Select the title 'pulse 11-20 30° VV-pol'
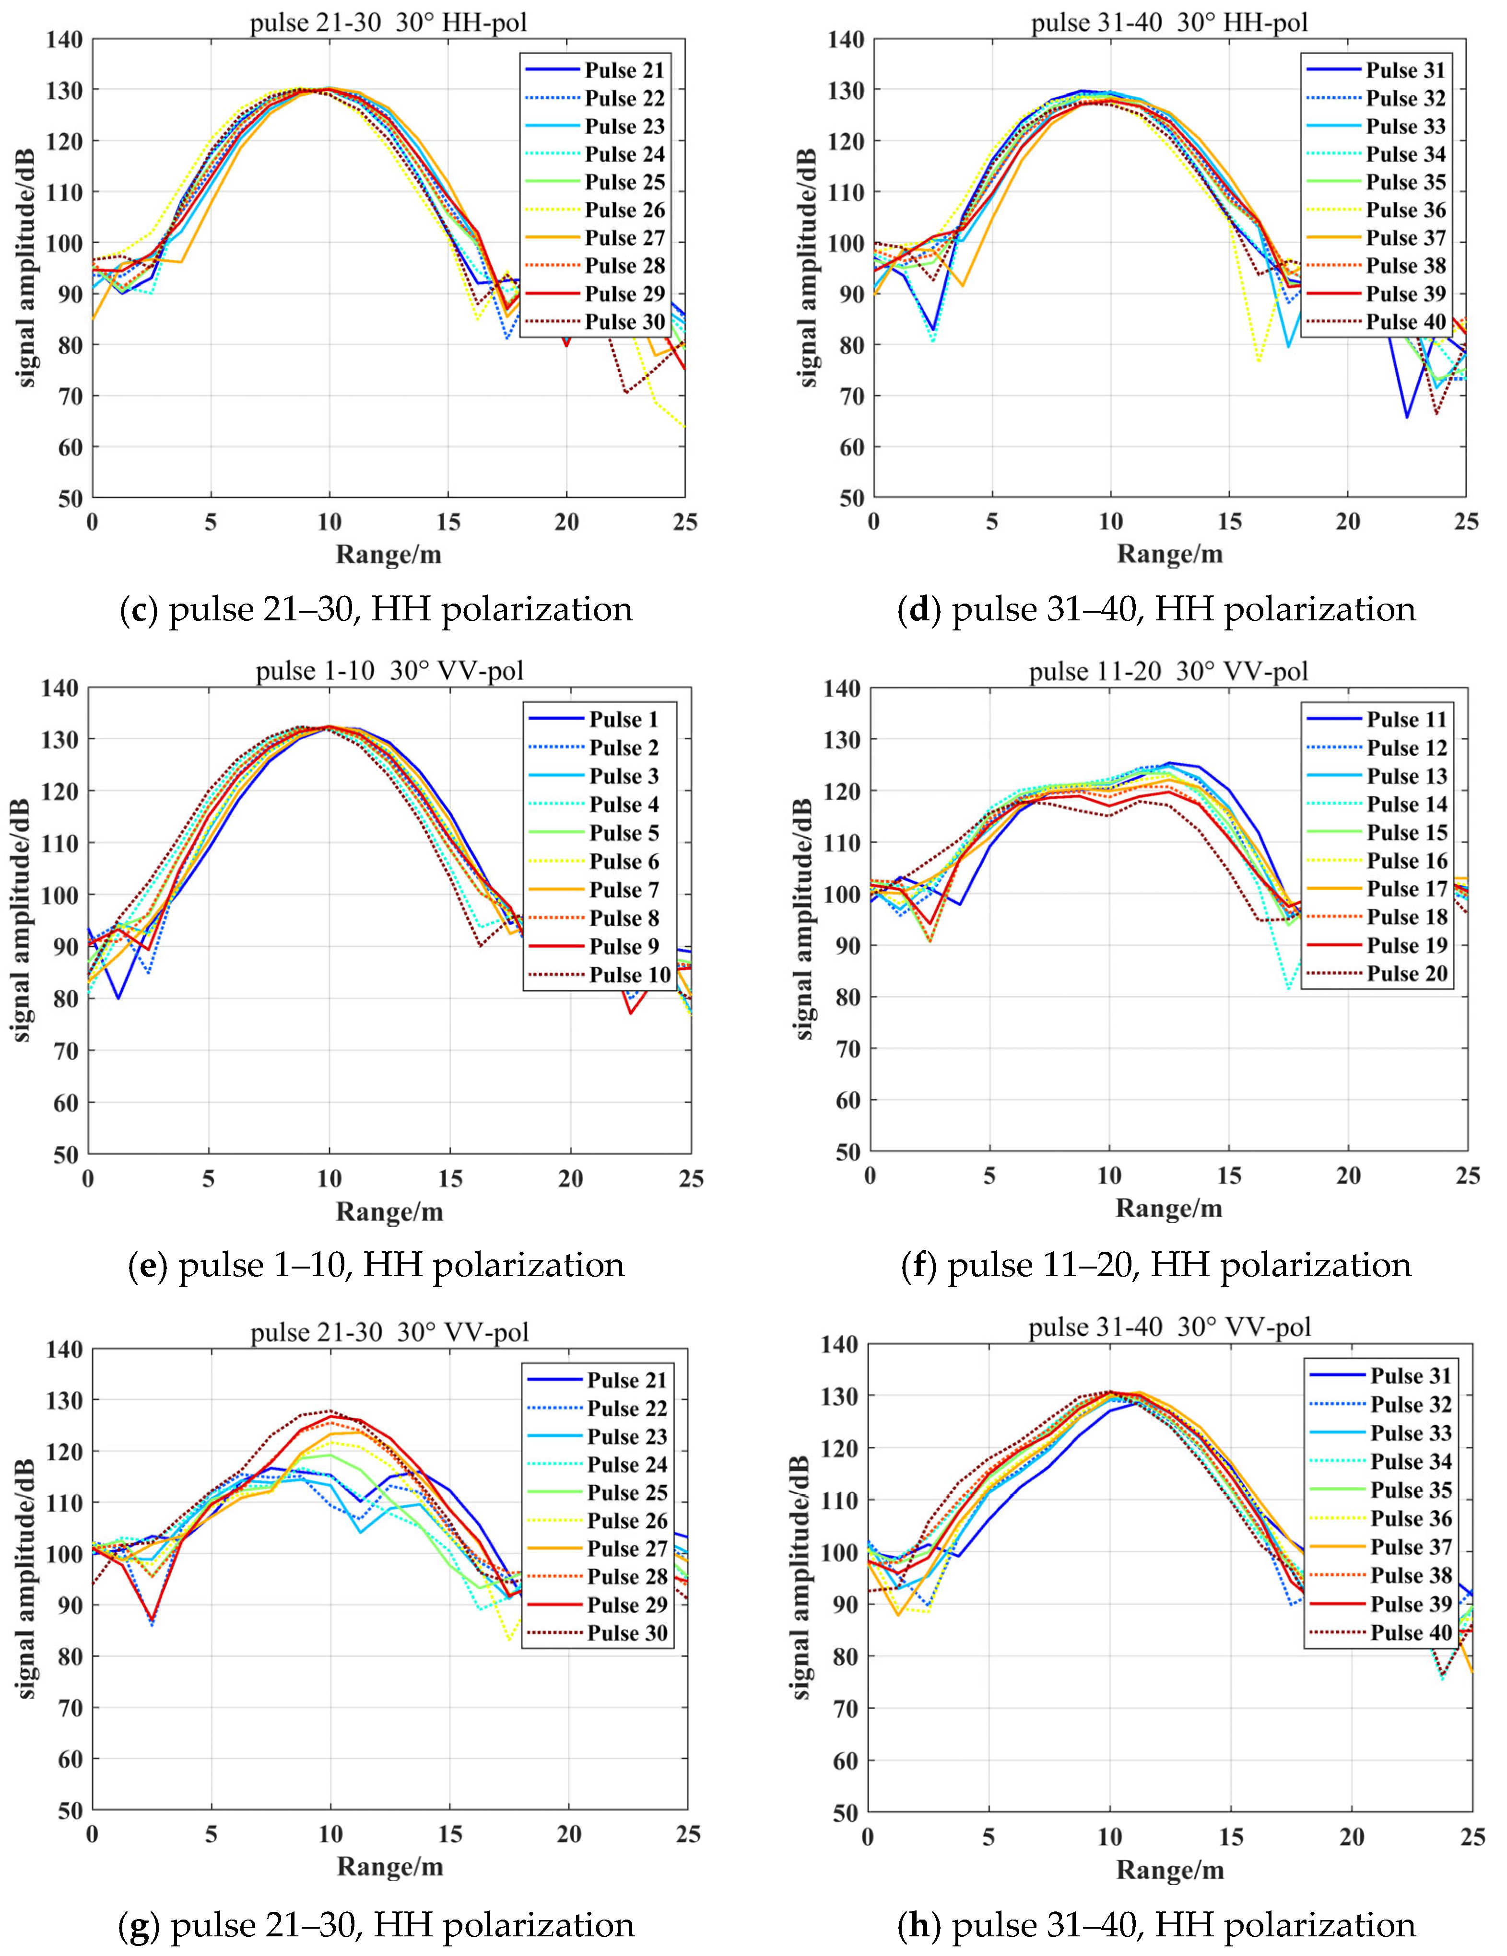pyautogui.click(x=1168, y=671)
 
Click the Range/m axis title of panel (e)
pyautogui.click(x=389, y=1212)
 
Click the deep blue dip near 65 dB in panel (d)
pyautogui.click(x=1407, y=417)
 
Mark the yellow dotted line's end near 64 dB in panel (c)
pyautogui.click(x=684, y=426)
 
